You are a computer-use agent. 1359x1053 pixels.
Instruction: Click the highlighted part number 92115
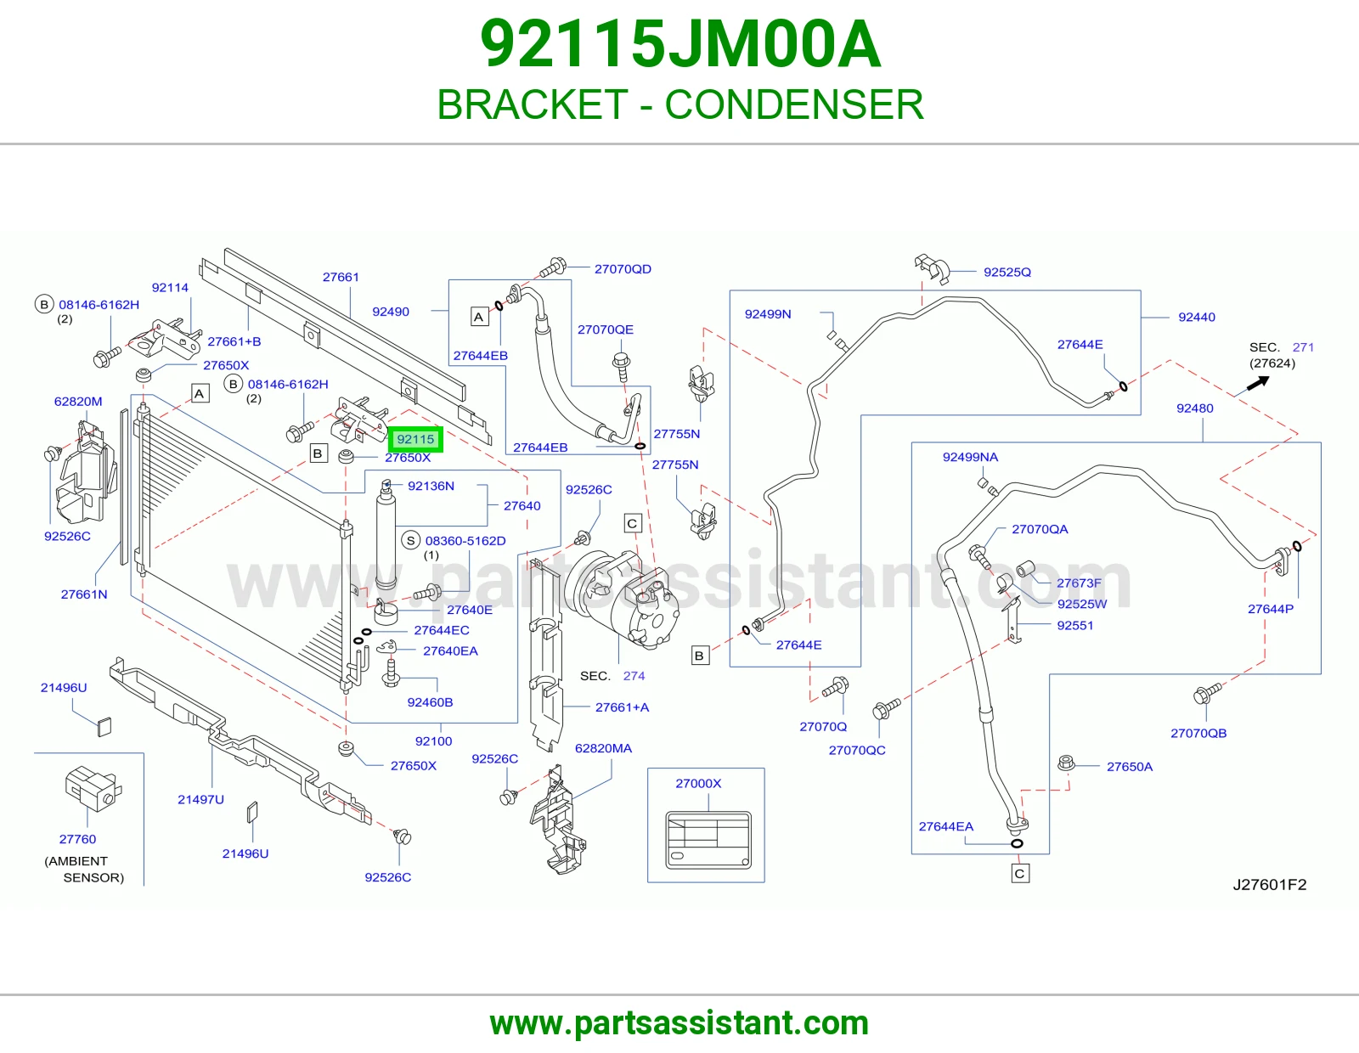(415, 439)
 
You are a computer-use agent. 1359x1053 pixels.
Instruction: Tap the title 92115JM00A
(679, 44)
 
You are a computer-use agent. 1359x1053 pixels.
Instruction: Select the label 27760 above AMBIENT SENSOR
(77, 839)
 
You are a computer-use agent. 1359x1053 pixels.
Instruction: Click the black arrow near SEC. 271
(1258, 383)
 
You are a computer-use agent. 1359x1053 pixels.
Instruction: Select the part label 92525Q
(1007, 272)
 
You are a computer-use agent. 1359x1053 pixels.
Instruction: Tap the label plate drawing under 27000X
(708, 841)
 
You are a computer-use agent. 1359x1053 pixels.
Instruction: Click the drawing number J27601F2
(1270, 885)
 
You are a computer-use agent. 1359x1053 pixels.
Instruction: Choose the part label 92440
(1197, 317)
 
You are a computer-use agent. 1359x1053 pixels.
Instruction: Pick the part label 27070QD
(623, 269)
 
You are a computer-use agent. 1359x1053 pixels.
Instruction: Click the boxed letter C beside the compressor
(633, 523)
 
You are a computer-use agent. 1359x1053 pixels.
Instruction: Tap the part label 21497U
(200, 799)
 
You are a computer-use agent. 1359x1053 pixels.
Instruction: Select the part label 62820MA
(604, 748)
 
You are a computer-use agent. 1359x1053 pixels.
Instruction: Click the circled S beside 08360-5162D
(410, 541)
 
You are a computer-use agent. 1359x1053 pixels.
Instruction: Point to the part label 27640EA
(450, 651)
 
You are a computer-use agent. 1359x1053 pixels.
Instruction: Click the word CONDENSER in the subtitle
(793, 104)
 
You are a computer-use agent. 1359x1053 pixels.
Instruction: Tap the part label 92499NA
(970, 457)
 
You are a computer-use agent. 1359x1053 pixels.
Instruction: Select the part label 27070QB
(1198, 733)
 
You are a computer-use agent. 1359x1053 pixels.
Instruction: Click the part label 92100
(433, 741)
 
